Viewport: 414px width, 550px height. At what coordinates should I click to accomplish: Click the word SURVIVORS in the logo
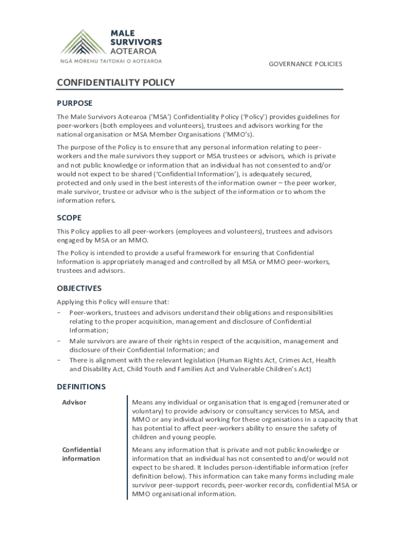coord(135,42)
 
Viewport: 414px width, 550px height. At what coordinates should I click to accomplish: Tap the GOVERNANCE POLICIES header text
coord(305,64)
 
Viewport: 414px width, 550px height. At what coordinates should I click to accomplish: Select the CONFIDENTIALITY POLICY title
coord(116,82)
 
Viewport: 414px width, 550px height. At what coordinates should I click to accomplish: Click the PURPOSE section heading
coord(75,103)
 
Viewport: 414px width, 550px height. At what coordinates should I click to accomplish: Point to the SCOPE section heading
coord(69,218)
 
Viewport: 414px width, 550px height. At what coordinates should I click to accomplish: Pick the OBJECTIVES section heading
coord(79,288)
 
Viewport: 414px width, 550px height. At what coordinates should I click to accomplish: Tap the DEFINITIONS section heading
coord(81,387)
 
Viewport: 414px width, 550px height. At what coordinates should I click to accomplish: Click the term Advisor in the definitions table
coord(74,402)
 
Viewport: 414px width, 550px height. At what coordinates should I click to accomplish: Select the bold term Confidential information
coord(81,454)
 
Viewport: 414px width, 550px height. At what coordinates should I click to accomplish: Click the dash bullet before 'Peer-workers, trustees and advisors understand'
coord(59,313)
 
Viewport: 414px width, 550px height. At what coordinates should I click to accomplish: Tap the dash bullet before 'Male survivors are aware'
coord(59,341)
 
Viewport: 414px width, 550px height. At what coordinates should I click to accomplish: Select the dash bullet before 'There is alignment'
coord(59,360)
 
